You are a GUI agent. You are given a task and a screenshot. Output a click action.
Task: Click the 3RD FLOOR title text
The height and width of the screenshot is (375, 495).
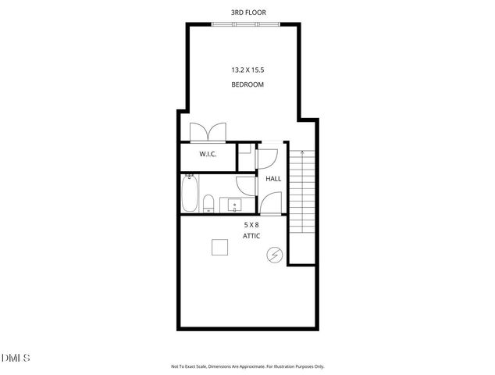coord(247,12)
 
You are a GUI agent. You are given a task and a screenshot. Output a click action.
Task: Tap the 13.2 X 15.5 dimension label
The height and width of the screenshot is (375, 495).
coord(247,70)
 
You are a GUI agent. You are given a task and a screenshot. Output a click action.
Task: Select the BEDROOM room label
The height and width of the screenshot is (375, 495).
coord(247,84)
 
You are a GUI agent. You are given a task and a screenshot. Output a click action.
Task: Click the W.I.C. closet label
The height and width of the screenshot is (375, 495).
coord(208,154)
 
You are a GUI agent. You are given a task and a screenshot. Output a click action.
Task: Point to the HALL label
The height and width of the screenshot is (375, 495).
coord(273,179)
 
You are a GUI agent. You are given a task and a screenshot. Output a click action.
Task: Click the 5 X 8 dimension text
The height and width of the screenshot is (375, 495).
coord(251,224)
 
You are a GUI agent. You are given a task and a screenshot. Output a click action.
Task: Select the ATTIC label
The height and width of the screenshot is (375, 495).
coord(251,236)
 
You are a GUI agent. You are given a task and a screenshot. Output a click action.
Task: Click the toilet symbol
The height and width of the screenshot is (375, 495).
coord(208,205)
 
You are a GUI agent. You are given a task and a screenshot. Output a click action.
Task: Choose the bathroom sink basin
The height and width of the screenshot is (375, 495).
coord(236,206)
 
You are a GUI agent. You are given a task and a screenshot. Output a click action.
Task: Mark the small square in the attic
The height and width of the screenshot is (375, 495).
coord(220,247)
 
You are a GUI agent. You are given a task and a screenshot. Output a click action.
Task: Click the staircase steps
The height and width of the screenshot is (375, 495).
coord(301,191)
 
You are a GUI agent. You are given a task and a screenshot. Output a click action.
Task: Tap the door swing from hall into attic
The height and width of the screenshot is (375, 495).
coord(270,204)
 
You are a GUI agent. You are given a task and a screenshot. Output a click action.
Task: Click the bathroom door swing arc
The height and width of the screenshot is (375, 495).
coord(247,187)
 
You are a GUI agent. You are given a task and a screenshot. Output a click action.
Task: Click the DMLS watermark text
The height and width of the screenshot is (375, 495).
coord(16,358)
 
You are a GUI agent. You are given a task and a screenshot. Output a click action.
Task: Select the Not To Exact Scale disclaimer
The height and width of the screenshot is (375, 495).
coord(247,366)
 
